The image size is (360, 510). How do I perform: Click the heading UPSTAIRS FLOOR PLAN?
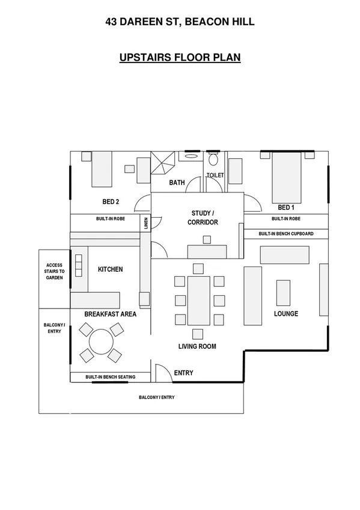[x=180, y=58]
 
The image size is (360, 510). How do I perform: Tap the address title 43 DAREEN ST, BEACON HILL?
[x=180, y=22]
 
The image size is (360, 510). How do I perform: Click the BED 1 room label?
[x=286, y=206]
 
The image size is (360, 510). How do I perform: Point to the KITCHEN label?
[x=110, y=269]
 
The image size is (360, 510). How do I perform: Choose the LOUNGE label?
[x=286, y=314]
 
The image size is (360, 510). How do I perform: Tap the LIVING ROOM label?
[x=197, y=346]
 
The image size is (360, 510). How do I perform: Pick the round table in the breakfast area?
[x=101, y=342]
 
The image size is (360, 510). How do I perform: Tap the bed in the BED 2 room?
[x=102, y=169]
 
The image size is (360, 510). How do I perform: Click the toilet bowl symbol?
[x=213, y=161]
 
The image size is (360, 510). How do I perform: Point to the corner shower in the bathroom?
[x=163, y=162]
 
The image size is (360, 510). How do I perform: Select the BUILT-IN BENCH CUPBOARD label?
[x=285, y=234]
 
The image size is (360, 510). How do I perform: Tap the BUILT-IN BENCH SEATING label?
[x=110, y=377]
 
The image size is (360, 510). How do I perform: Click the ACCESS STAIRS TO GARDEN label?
[x=54, y=270]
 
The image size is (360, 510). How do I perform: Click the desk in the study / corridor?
[x=207, y=251]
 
